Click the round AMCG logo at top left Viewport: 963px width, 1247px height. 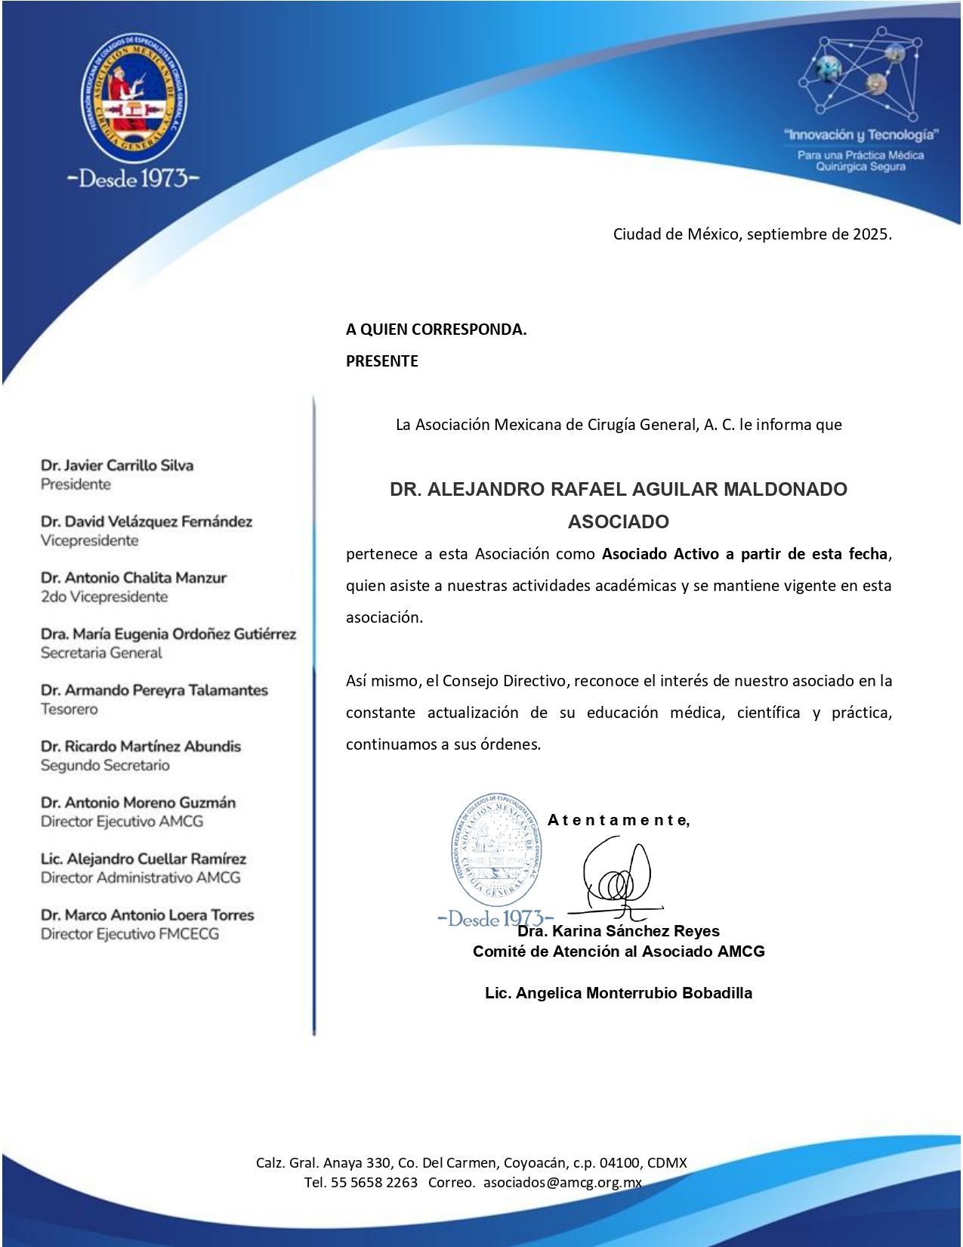(x=134, y=97)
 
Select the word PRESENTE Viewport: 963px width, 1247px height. (x=381, y=361)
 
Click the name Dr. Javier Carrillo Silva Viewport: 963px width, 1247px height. (x=117, y=466)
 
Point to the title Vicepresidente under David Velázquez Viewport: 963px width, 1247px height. (x=89, y=540)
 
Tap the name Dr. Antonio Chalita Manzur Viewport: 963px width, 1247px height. (x=134, y=578)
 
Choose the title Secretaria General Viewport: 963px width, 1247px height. (x=101, y=653)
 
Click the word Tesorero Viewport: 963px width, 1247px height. (x=69, y=709)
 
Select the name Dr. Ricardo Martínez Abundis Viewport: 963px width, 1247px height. (x=140, y=747)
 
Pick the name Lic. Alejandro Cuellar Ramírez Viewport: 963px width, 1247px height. (x=144, y=859)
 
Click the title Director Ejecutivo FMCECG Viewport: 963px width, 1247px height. (x=130, y=934)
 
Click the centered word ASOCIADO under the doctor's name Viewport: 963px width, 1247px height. (x=618, y=521)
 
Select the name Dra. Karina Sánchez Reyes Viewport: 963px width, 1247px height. (x=619, y=931)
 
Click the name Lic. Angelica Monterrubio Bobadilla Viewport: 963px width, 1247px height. (x=618, y=993)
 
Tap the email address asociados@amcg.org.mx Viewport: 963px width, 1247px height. (x=562, y=1183)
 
